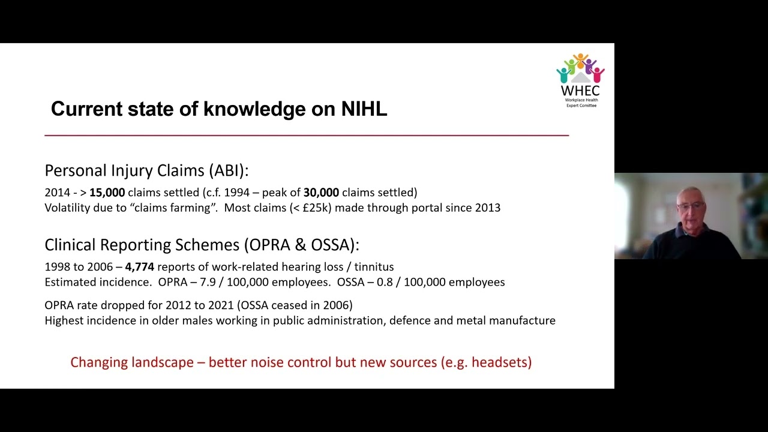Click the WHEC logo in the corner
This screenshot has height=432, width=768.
click(x=580, y=80)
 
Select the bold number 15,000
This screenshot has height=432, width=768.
click(x=107, y=193)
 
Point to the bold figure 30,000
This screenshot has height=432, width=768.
click(x=321, y=193)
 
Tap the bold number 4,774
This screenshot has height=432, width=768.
click(x=139, y=267)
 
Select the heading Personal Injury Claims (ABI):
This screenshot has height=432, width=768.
click(x=146, y=170)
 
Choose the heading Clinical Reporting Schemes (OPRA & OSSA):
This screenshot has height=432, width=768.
click(x=202, y=245)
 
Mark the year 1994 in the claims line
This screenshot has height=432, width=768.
click(x=237, y=193)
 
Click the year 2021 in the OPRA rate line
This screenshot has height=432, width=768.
click(x=220, y=305)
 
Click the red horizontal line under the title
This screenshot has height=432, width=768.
click(x=307, y=136)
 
